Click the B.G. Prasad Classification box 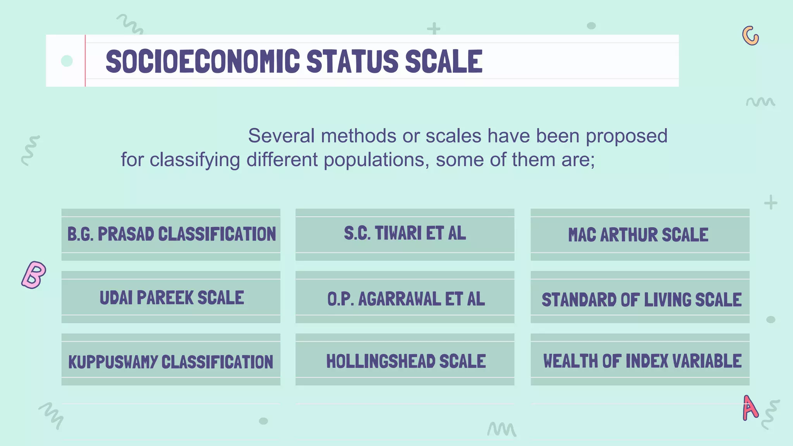click(171, 235)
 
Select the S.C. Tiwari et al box click(405, 234)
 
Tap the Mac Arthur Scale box click(640, 235)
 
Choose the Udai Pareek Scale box click(171, 297)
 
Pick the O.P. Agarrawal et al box click(405, 298)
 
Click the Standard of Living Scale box click(640, 299)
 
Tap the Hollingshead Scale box click(405, 361)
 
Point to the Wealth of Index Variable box click(640, 361)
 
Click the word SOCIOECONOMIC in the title click(203, 61)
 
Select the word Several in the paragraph click(281, 136)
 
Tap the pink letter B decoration click(34, 274)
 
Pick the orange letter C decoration click(750, 36)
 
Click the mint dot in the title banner click(67, 61)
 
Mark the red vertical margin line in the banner click(85, 61)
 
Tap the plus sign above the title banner click(434, 28)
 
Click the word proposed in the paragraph click(627, 136)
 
